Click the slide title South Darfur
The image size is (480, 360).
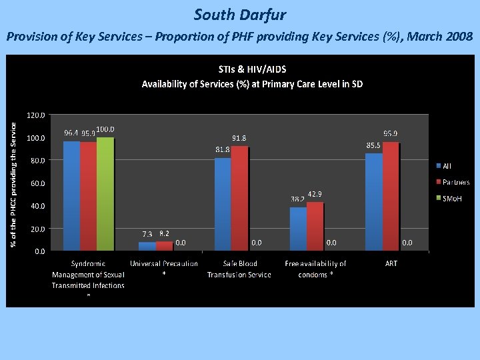tap(240, 14)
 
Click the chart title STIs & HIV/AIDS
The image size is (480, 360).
tap(252, 69)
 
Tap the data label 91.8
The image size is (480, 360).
tap(240, 139)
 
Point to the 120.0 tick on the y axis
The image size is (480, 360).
tap(36, 115)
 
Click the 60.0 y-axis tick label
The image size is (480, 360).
tap(37, 183)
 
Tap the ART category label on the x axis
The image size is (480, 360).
tap(391, 263)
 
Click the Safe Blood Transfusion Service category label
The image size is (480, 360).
tap(239, 269)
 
